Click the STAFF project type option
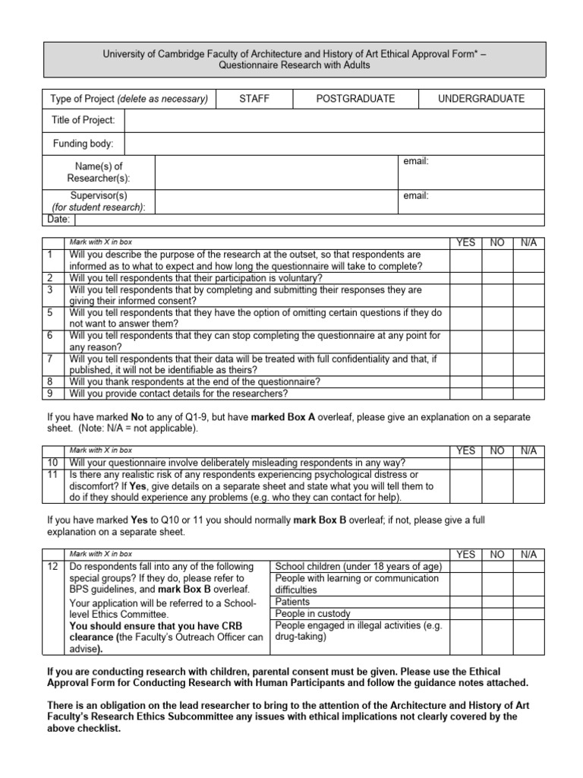254,99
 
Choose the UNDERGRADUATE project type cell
481,99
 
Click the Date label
60,220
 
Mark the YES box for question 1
465,260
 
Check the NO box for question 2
497,278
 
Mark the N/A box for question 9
529,394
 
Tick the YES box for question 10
465,463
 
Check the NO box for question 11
497,485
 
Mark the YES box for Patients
465,602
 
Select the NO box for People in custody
497,613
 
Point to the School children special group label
358,567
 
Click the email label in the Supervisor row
416,196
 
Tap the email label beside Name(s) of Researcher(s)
416,162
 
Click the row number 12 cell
52,567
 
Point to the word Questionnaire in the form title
251,65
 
